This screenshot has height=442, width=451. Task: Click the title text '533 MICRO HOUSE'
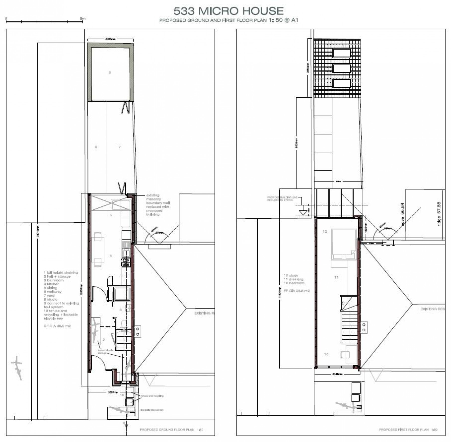point(228,11)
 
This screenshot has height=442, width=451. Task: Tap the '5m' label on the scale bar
point(83,19)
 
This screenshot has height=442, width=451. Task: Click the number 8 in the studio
point(109,73)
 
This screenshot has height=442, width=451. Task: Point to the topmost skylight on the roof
point(342,53)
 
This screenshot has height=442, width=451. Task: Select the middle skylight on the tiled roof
point(342,68)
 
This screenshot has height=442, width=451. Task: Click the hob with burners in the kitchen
point(126,262)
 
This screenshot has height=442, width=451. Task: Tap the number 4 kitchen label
point(111,256)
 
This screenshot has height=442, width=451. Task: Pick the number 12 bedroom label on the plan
point(325,232)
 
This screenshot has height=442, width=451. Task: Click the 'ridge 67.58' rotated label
point(438,214)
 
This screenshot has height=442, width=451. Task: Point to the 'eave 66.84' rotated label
point(403,215)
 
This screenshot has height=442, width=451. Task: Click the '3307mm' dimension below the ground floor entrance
point(113,392)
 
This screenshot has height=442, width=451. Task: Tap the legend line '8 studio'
point(51,299)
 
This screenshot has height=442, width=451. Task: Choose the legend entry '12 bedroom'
point(294,283)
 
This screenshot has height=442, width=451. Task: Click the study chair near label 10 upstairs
point(345,355)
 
